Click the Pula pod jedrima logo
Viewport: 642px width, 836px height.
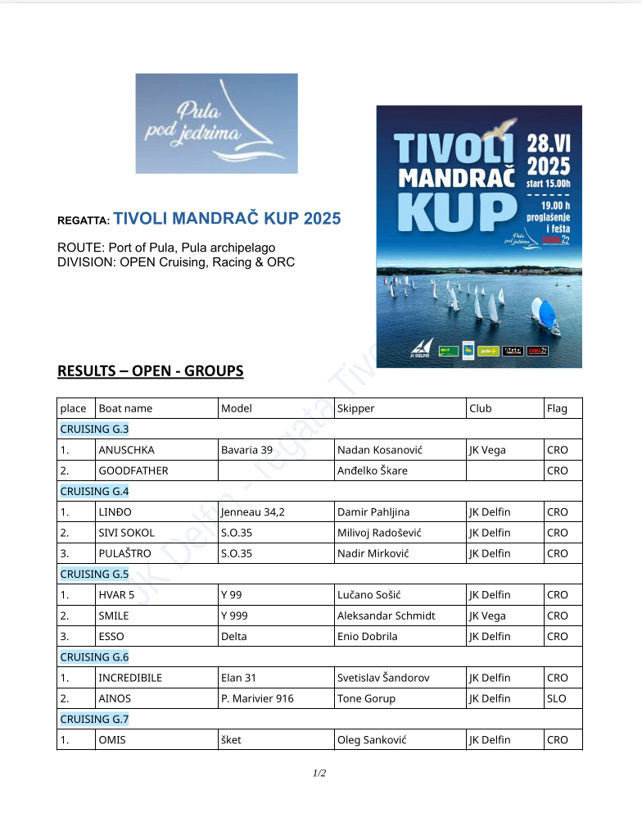[x=216, y=123]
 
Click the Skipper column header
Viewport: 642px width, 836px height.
[x=355, y=408]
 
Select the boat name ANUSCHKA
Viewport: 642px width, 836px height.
[x=126, y=450]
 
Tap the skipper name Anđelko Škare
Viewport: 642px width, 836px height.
[x=372, y=470]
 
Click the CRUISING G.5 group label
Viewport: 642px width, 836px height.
[x=94, y=574]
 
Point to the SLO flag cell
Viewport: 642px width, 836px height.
[x=556, y=698]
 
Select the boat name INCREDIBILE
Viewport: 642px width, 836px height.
[x=130, y=678]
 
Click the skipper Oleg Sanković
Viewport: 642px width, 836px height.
[x=371, y=740]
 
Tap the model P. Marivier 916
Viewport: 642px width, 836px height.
[x=257, y=698]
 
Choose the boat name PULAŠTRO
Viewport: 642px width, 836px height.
[x=124, y=553]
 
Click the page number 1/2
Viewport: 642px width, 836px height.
[x=319, y=773]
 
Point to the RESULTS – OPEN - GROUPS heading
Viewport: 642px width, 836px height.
[x=150, y=371]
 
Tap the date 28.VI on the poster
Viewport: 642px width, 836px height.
[x=549, y=144]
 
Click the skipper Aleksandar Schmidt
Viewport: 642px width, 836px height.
[x=386, y=616]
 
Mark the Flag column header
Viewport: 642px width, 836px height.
[x=557, y=408]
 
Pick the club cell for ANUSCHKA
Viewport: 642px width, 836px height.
[x=487, y=450]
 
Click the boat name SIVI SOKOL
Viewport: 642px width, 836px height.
[x=126, y=533]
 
